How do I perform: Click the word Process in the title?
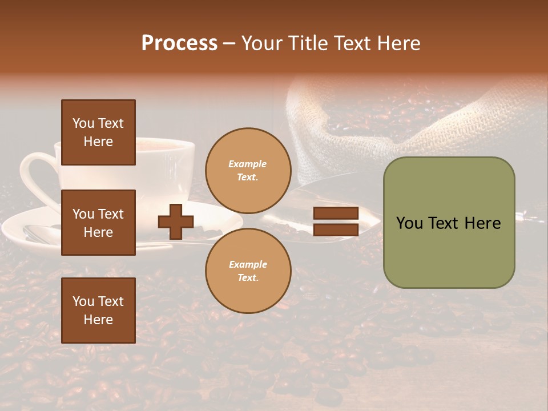(x=179, y=43)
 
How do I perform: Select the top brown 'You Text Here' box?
(x=98, y=132)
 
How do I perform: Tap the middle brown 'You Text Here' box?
(x=98, y=223)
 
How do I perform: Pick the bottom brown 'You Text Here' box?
(x=98, y=310)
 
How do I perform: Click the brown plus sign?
(x=176, y=221)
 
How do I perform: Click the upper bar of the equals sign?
(x=336, y=213)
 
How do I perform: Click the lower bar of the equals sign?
(x=336, y=229)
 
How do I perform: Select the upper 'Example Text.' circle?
(x=248, y=171)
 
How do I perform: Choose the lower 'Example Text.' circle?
(x=248, y=271)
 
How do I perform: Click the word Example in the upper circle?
(x=248, y=164)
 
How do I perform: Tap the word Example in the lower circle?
(x=248, y=264)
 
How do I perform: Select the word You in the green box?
(x=409, y=223)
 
